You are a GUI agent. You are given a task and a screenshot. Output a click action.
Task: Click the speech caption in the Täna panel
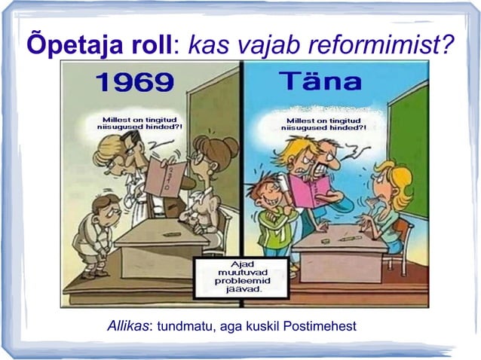pos(326,124)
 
